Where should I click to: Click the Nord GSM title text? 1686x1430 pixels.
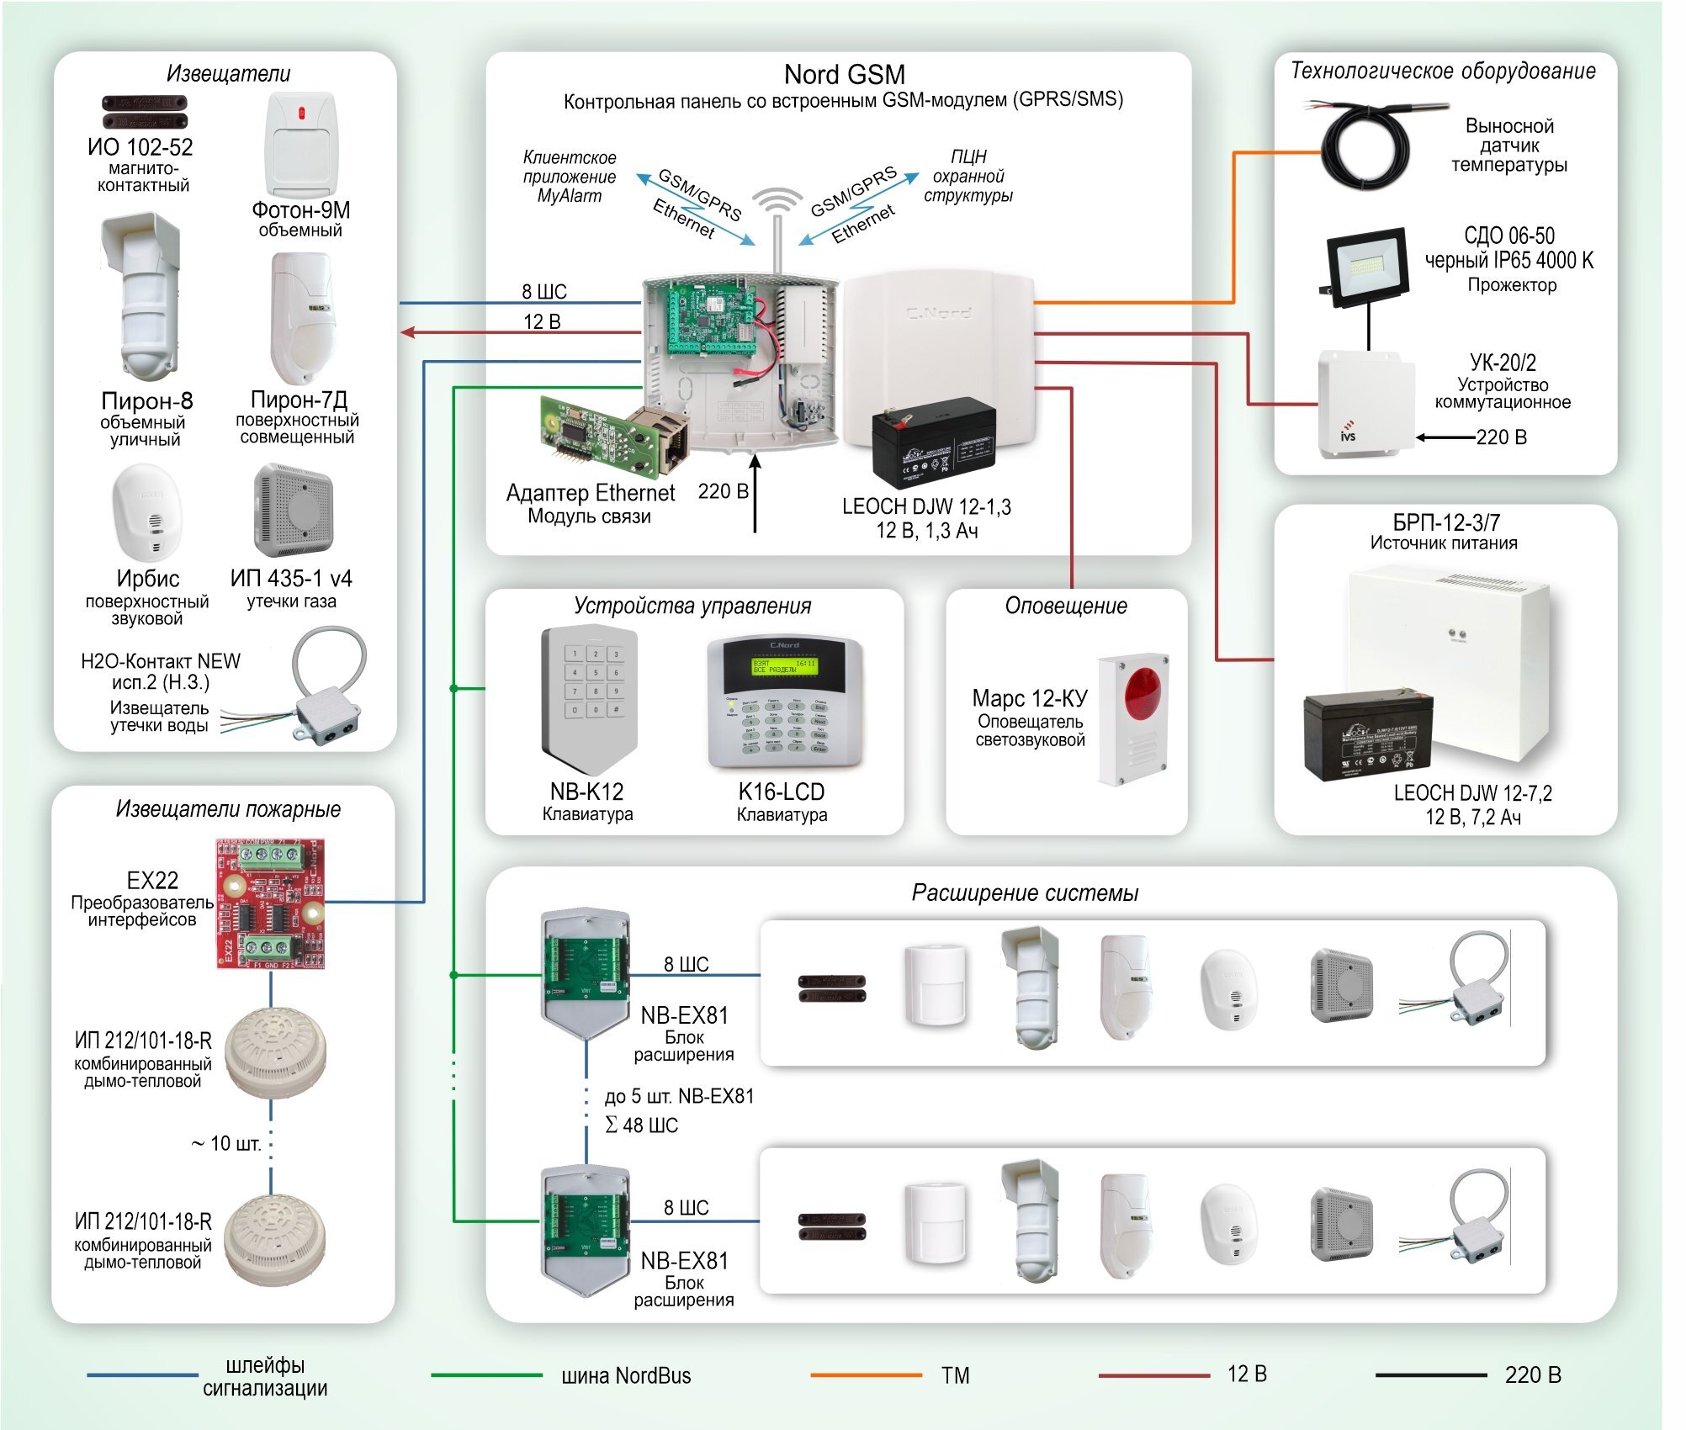point(844,75)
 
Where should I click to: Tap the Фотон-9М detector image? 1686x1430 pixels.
point(300,145)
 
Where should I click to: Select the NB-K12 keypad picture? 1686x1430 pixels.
point(588,699)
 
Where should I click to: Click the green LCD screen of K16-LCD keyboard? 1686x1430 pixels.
point(784,667)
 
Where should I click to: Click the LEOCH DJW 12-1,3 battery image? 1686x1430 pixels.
point(933,442)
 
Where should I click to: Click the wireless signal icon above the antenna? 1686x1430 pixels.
point(777,202)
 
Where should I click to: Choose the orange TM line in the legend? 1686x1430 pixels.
point(866,1375)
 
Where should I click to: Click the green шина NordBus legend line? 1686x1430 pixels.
point(486,1375)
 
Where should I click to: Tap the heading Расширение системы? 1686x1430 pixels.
point(1025,893)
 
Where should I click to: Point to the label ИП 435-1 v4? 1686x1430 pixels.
point(291,579)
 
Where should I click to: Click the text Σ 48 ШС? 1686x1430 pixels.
point(641,1125)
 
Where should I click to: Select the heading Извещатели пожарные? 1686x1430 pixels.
point(228,809)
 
